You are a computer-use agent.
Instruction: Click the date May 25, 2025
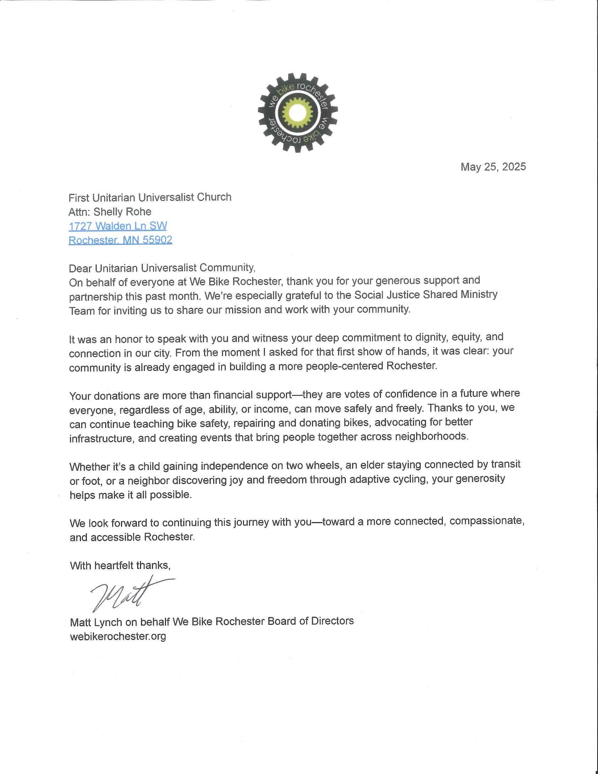(493, 167)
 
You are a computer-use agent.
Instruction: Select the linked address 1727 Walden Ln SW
(117, 226)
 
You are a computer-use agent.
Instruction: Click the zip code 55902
(157, 240)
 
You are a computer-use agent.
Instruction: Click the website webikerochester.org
(118, 636)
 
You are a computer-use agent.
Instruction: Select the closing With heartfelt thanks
(120, 565)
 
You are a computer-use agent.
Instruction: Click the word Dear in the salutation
(81, 268)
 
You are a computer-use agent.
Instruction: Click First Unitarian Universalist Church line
(150, 197)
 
